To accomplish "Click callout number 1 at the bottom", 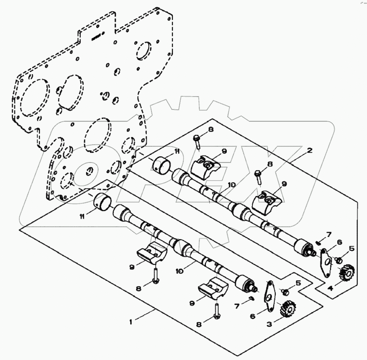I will pyautogui.click(x=131, y=322).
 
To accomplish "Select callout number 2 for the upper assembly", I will pyautogui.click(x=310, y=151).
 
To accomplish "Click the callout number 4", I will pyautogui.click(x=331, y=288).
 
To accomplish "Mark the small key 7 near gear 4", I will pyautogui.click(x=318, y=241).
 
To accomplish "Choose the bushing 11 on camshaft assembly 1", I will pyautogui.click(x=102, y=201).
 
